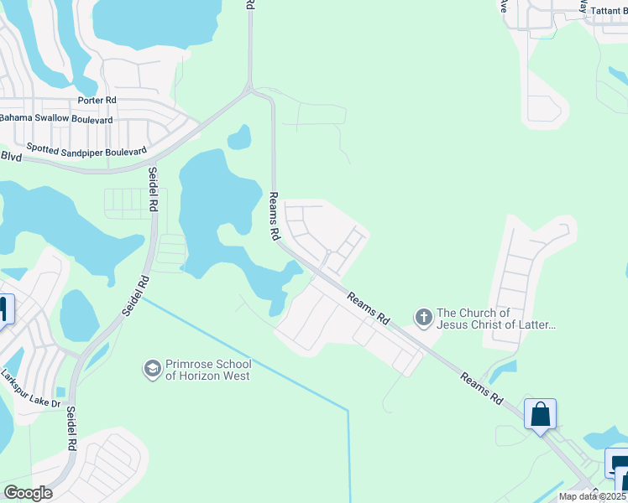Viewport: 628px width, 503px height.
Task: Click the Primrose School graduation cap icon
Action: [152, 369]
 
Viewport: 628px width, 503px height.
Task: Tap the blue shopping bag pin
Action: [540, 414]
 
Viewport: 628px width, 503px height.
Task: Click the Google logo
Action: [28, 492]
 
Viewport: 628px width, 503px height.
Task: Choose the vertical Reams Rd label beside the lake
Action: [273, 216]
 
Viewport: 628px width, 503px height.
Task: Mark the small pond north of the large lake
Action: [239, 137]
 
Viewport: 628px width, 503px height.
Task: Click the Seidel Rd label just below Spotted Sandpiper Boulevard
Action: [154, 192]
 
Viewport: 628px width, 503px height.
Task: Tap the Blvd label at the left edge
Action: [10, 156]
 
